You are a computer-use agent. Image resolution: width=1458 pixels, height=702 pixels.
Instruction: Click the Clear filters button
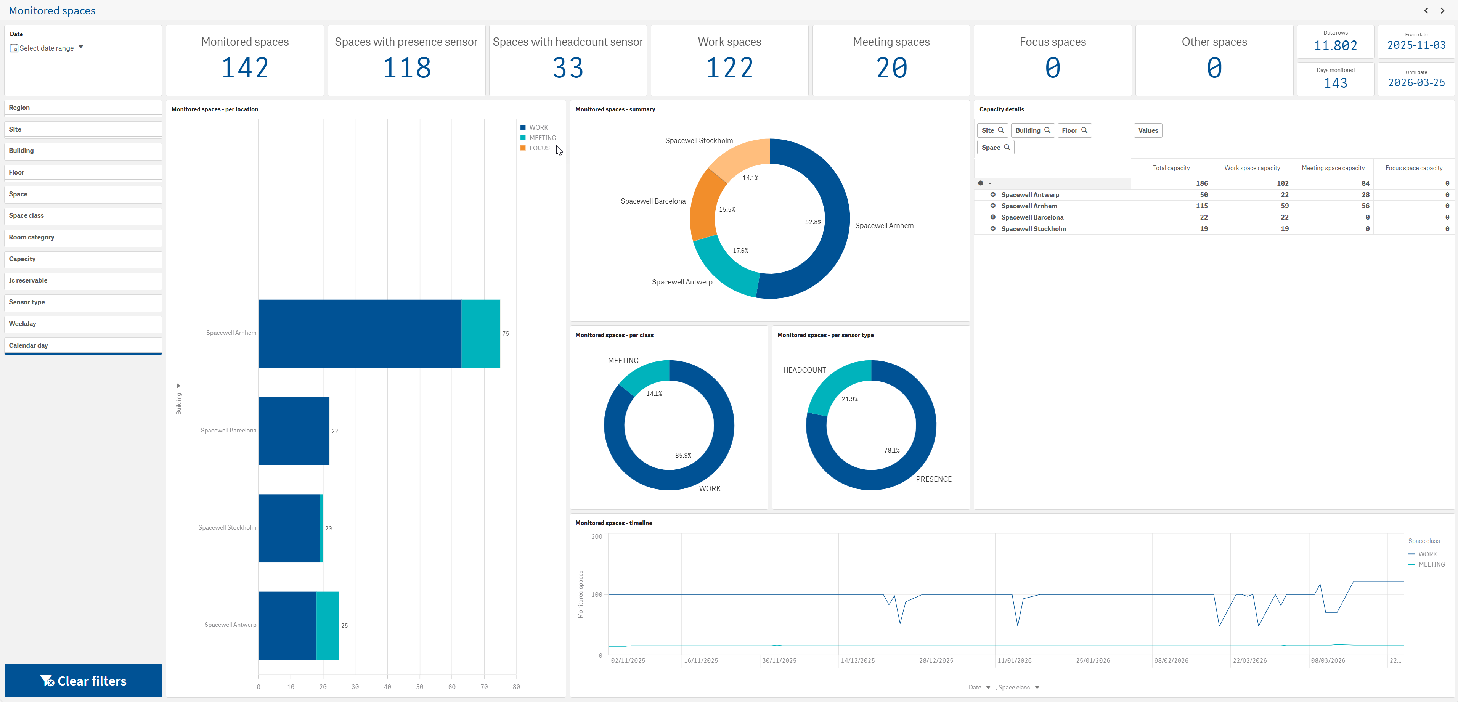click(83, 681)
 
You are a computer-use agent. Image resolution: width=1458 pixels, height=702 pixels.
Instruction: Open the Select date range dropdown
click(47, 48)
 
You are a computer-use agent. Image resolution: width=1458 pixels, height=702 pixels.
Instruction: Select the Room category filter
click(83, 237)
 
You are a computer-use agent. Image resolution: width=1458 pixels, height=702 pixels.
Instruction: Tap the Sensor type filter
click(83, 302)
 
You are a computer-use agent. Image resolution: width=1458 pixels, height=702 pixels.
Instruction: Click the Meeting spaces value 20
click(891, 68)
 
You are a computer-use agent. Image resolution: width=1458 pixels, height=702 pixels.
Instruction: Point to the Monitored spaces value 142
click(245, 68)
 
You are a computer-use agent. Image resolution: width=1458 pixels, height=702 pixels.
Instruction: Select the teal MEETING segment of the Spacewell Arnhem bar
click(480, 333)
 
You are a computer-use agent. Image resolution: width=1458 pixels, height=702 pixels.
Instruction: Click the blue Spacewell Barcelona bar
click(294, 431)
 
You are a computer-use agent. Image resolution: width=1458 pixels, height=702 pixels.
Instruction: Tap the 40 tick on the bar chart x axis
click(387, 687)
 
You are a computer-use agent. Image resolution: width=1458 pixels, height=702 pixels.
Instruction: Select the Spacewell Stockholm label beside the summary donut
click(699, 140)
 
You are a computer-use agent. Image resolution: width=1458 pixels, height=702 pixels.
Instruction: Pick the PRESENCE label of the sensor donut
click(934, 479)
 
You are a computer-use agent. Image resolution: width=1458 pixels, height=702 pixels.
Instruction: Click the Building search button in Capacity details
click(1033, 130)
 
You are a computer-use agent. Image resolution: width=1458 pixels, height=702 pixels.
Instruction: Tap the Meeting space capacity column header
click(1333, 168)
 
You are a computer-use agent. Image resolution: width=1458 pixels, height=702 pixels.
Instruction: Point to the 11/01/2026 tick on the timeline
click(1014, 661)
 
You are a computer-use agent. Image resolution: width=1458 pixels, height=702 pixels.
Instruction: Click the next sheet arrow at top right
click(1442, 10)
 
